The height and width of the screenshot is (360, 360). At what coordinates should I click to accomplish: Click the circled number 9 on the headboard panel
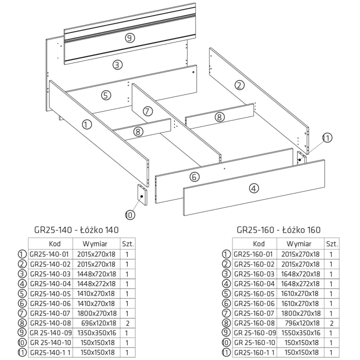130,38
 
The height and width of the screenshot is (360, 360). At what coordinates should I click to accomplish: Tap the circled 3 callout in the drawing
117,64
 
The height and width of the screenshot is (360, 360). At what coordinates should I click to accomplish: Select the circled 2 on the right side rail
239,85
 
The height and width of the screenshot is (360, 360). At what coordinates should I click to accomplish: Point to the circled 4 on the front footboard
254,188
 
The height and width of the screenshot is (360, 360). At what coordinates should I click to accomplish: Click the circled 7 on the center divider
147,111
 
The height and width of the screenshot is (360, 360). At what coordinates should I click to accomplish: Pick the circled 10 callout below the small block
130,215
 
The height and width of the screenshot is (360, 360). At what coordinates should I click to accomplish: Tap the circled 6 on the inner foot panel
194,177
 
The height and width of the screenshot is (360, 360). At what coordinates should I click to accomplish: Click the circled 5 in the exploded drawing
106,95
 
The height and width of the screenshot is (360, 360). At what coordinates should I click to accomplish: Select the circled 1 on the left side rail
87,124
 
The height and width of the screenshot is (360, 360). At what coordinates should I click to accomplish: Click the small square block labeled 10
142,194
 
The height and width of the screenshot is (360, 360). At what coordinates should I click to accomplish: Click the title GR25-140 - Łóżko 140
76,230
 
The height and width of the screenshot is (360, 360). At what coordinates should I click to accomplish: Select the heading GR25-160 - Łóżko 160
278,230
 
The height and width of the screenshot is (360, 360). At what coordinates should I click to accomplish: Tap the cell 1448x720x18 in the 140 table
96,274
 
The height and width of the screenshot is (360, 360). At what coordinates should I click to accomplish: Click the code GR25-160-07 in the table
254,313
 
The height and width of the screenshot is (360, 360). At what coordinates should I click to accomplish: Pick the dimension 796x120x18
302,323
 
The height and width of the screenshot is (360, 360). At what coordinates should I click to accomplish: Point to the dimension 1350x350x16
96,333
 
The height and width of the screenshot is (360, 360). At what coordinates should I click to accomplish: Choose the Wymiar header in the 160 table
299,244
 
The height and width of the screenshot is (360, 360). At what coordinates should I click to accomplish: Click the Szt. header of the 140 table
127,244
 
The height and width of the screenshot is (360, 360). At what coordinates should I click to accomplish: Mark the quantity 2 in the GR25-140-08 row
127,323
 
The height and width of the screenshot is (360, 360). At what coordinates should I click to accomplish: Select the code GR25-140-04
50,284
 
